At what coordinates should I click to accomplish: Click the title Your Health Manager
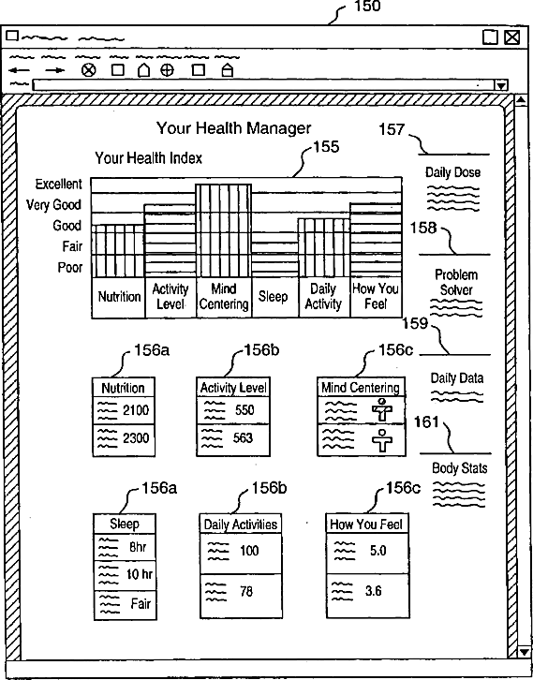tap(234, 128)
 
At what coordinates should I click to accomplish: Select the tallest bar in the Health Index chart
tap(223, 230)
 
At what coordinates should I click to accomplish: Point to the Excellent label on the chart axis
tap(59, 185)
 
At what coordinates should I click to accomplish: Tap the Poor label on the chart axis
tap(70, 267)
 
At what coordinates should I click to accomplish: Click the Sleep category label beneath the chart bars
tap(273, 297)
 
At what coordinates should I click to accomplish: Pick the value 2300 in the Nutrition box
tap(136, 438)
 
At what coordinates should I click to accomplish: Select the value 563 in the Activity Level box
tap(243, 438)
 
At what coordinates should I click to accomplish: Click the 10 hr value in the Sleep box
tap(140, 574)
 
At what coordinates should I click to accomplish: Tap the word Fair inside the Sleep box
tap(141, 603)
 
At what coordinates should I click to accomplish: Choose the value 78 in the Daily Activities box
tap(246, 591)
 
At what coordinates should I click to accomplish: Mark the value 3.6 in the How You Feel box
tap(373, 591)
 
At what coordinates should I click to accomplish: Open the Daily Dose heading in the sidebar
tap(452, 172)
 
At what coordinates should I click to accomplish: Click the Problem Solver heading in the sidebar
tap(456, 282)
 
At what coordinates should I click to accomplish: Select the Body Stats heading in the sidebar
tap(459, 468)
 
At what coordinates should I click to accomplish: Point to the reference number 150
tap(367, 6)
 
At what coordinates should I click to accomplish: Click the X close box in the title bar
tap(512, 37)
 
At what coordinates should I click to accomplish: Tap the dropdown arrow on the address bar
tap(501, 85)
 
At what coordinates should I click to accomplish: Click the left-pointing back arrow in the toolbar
tap(20, 70)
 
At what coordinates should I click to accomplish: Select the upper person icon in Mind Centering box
tap(382, 410)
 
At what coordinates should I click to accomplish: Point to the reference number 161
tap(426, 421)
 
